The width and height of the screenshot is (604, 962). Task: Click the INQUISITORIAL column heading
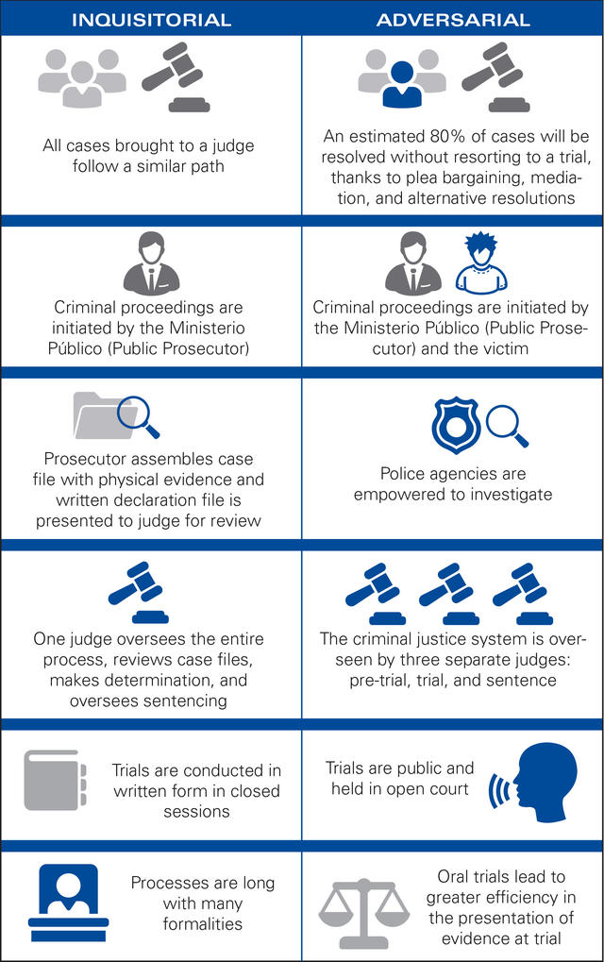150,19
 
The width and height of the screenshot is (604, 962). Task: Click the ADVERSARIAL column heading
452,19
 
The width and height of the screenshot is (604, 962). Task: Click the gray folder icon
99,415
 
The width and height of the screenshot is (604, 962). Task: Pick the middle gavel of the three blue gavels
450,592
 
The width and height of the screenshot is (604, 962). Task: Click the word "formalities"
204,923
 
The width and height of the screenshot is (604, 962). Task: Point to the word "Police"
403,474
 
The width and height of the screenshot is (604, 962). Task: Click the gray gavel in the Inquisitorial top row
178,79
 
